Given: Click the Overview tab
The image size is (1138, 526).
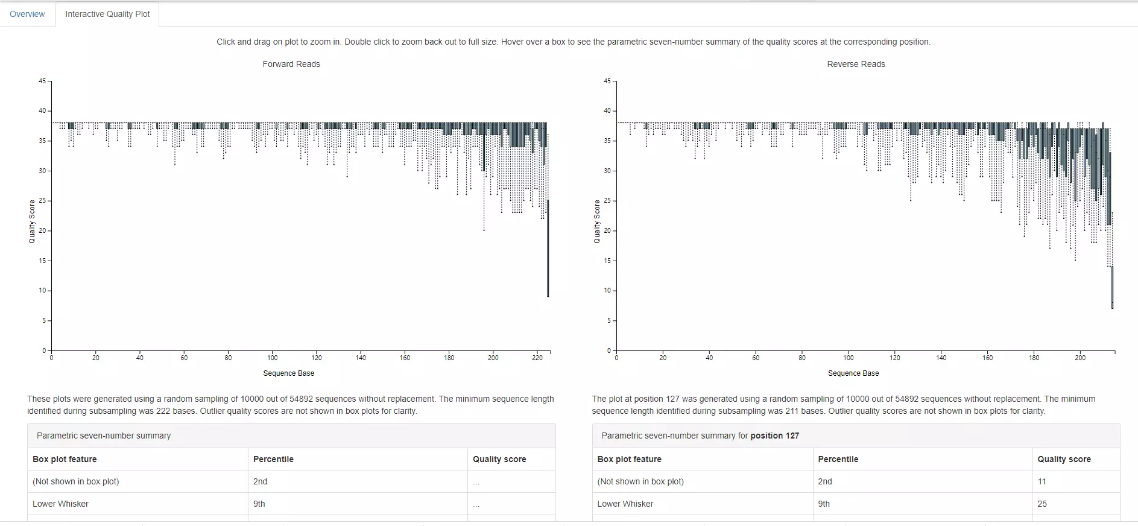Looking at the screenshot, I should tap(27, 14).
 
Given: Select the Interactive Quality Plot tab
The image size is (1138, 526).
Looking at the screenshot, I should tap(107, 14).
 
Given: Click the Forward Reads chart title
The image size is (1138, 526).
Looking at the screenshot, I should tap(291, 64).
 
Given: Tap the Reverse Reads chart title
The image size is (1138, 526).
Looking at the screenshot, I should tap(856, 64).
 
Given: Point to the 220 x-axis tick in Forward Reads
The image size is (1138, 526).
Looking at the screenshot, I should tap(537, 358).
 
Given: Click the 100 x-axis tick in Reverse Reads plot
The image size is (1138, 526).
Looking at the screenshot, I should tap(849, 358).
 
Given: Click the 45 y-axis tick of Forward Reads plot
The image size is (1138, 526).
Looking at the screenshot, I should tap(42, 81).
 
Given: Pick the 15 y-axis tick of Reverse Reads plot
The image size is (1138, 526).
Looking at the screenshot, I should tap(607, 261).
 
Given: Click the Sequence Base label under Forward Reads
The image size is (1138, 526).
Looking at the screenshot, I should tap(288, 373).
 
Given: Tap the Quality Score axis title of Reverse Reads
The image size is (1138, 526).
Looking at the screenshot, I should tap(597, 221).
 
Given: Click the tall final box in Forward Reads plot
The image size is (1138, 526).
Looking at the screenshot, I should tap(548, 247).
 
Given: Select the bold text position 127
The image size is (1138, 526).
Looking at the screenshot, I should tap(774, 436).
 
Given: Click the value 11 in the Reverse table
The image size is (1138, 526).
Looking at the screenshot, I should tap(1042, 481).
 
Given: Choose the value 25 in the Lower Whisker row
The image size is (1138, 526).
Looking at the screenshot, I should tap(1042, 504).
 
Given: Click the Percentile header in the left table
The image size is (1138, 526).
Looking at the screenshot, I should tap(273, 459).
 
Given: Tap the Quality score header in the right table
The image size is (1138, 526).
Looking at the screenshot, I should tap(1064, 459).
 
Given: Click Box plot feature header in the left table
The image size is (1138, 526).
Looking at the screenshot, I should tap(65, 459).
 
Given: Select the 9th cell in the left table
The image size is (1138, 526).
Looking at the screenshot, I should tap(259, 504).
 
